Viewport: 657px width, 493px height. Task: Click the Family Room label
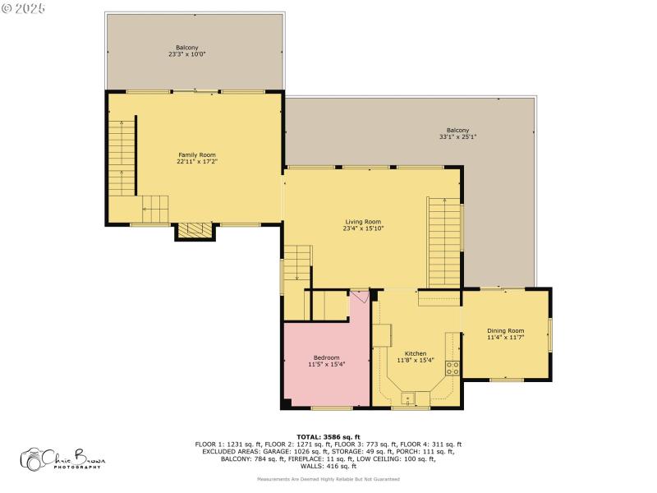point(197,159)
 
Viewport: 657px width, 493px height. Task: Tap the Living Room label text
point(362,224)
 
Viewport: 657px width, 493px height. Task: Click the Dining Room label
point(505,334)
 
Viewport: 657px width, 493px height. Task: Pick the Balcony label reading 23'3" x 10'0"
point(186,51)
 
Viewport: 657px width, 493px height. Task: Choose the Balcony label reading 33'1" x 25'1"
point(457,134)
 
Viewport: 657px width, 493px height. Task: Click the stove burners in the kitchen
point(451,366)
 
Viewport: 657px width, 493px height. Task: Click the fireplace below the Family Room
point(195,231)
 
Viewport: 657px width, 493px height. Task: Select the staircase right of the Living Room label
point(443,242)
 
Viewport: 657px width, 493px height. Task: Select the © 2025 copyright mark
point(24,7)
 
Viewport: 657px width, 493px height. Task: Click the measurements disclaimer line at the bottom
point(328,478)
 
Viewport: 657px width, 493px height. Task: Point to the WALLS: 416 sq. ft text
point(328,466)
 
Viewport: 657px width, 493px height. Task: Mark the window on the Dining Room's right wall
point(549,333)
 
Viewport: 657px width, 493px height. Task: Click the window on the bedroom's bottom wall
point(331,408)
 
